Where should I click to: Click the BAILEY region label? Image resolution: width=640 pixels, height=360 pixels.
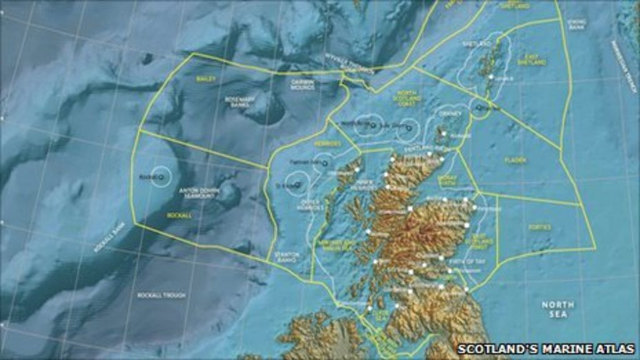click(x=205, y=79)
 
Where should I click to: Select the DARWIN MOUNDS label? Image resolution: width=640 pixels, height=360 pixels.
click(x=302, y=84)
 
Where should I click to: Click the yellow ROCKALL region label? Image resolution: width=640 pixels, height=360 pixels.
click(x=179, y=215)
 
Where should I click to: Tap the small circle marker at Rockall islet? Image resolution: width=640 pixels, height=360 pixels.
click(x=162, y=177)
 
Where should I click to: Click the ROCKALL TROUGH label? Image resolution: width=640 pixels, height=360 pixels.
click(x=161, y=295)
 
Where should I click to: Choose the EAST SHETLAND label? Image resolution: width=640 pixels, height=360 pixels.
click(x=531, y=59)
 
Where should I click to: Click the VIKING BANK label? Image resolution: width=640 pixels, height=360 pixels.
click(x=577, y=24)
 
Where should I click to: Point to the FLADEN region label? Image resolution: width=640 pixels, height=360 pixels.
click(x=515, y=161)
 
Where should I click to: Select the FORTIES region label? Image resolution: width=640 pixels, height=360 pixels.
click(x=539, y=227)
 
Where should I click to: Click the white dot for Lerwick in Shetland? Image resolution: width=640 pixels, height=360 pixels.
click(x=491, y=77)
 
